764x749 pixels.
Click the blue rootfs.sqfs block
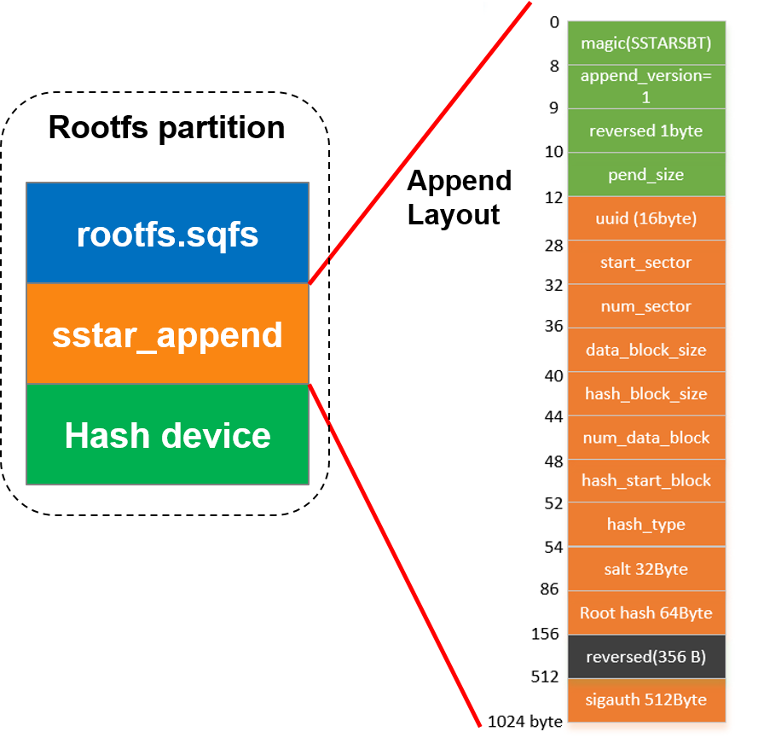tap(167, 233)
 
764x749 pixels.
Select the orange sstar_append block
tap(167, 334)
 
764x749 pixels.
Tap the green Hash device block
tap(167, 435)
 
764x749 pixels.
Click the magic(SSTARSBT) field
tap(645, 43)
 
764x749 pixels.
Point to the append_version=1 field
tap(645, 86)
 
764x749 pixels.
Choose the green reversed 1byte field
tap(645, 131)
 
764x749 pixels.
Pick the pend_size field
tap(645, 175)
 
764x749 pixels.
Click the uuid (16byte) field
tap(645, 218)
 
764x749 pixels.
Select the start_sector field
tap(645, 262)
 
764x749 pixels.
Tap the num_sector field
tap(645, 306)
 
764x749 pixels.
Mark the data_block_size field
tap(645, 350)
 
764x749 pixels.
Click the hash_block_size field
tap(645, 394)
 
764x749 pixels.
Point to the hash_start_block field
tap(645, 480)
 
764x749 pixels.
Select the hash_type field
tap(645, 525)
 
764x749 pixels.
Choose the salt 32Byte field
tap(645, 569)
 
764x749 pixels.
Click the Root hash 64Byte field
tap(645, 613)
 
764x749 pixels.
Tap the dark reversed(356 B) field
tap(645, 657)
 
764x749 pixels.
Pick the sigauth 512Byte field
tap(645, 700)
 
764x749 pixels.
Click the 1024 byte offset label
tap(524, 722)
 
